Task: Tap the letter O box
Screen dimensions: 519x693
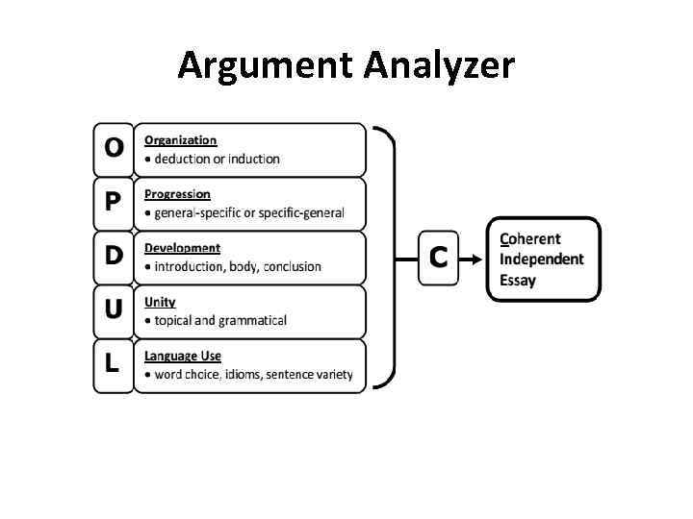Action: coord(114,148)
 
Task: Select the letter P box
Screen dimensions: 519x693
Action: coord(114,202)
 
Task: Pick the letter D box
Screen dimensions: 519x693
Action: coord(114,256)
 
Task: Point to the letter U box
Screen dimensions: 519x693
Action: coord(114,309)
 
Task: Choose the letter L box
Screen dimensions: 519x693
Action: coord(114,363)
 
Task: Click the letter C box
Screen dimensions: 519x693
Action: coord(439,257)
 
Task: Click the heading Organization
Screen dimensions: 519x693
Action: coord(181,140)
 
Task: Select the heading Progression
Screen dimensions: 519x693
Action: coord(178,194)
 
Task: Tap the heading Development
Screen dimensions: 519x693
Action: coord(183,248)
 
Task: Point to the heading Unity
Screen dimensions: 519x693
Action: coord(161,302)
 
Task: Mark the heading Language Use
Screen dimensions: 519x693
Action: coord(183,356)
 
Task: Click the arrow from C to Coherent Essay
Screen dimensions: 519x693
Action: coord(474,258)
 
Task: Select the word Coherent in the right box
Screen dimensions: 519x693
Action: coord(530,238)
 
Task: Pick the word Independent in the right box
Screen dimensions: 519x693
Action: coord(542,259)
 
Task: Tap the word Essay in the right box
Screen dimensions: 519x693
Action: coord(518,281)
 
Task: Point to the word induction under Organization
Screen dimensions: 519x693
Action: coord(254,159)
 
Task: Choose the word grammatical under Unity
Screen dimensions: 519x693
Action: coord(253,320)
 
